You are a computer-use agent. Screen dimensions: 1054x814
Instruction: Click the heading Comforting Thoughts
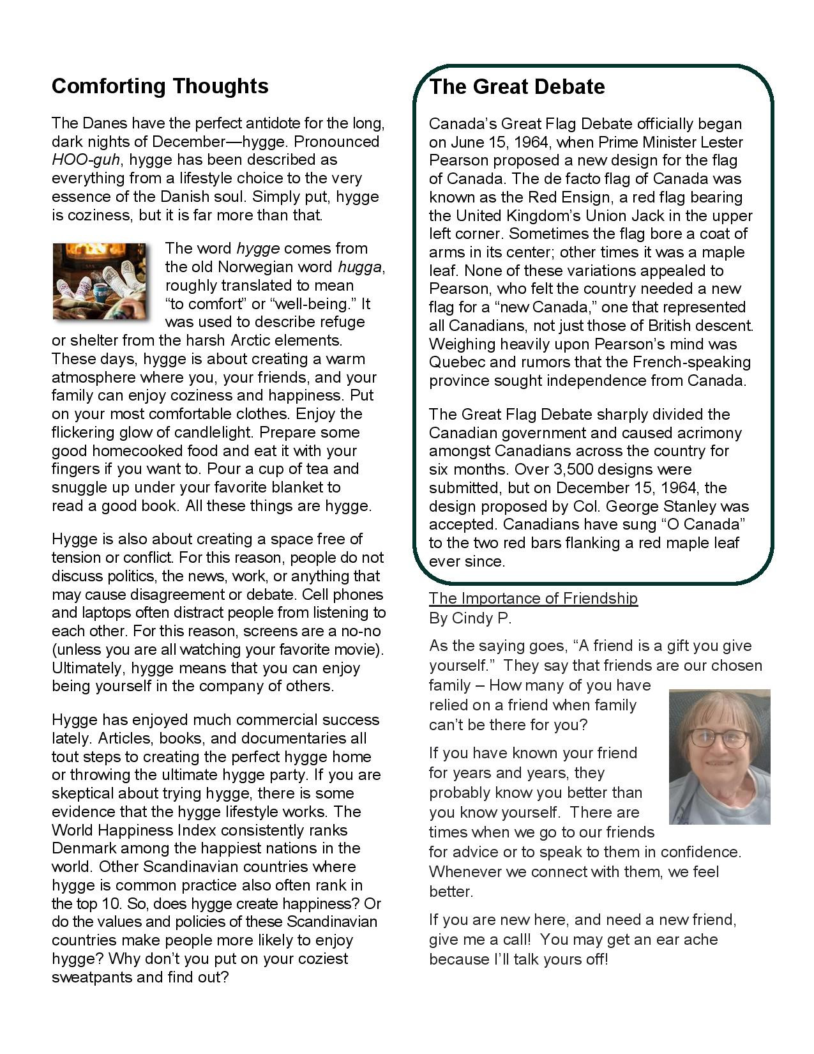point(160,86)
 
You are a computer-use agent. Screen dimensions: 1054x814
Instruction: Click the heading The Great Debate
point(516,87)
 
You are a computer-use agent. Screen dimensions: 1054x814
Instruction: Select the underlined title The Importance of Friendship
point(533,599)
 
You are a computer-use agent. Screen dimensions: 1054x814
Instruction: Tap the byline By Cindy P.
point(470,618)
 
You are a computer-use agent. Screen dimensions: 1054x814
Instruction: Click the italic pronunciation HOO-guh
point(85,160)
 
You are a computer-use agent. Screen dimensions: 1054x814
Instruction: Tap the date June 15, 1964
point(501,142)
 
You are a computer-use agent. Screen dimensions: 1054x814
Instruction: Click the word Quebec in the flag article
point(456,362)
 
